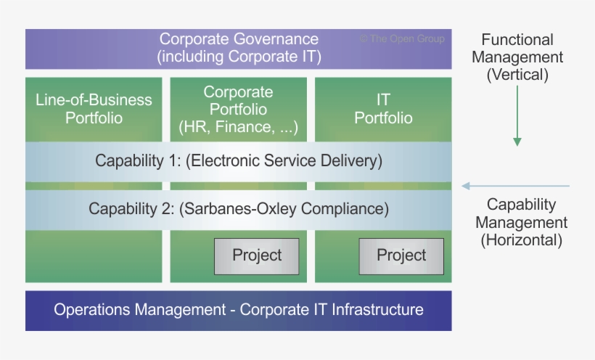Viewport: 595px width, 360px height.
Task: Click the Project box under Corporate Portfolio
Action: pyautogui.click(x=256, y=255)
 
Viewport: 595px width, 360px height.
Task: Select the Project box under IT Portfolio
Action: pyautogui.click(x=401, y=255)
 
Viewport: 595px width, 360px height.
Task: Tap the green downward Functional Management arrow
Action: pyautogui.click(x=517, y=116)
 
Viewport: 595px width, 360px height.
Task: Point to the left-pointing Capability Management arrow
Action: pyautogui.click(x=515, y=187)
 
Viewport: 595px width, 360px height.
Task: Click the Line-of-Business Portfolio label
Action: pyautogui.click(x=94, y=108)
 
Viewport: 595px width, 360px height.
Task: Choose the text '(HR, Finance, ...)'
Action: pyautogui.click(x=238, y=128)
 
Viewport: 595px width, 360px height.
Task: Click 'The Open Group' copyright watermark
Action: pyautogui.click(x=402, y=39)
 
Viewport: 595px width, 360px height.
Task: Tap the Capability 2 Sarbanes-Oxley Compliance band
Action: pyautogui.click(x=238, y=209)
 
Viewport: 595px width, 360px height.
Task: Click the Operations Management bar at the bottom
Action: pyautogui.click(x=238, y=310)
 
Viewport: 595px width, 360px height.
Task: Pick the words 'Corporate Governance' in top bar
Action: pyautogui.click(x=239, y=39)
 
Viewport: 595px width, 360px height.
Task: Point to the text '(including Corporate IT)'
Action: pyautogui.click(x=239, y=56)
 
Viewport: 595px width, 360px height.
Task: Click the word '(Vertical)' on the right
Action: pyautogui.click(x=517, y=75)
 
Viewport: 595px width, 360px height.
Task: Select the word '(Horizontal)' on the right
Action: pyautogui.click(x=521, y=240)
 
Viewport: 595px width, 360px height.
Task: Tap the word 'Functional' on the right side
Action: pyautogui.click(x=517, y=40)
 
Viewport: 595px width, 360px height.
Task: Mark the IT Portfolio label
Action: pyautogui.click(x=383, y=108)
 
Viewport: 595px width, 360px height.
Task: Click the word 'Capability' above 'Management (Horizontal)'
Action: pyautogui.click(x=521, y=205)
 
